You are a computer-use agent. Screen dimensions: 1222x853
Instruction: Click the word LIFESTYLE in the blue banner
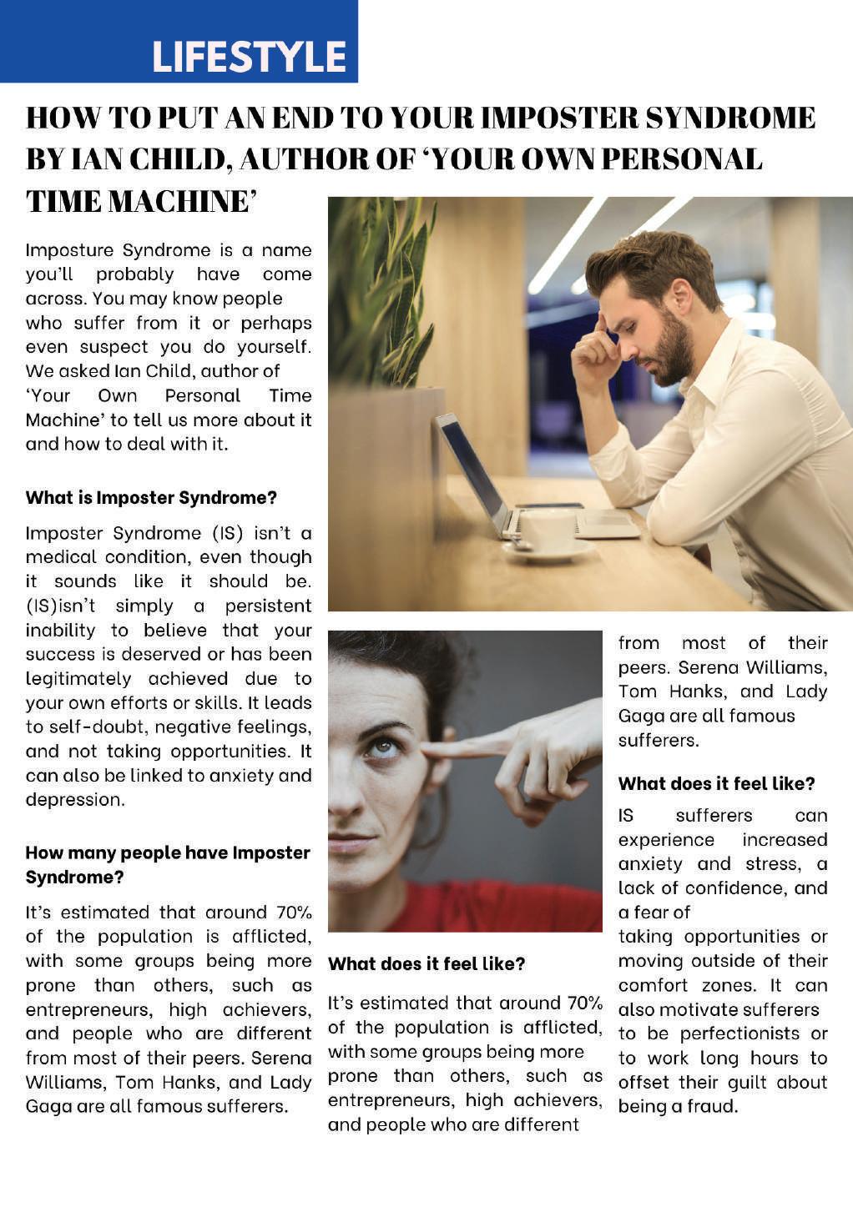(x=249, y=57)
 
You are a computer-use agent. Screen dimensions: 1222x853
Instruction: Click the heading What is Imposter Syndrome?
(x=151, y=498)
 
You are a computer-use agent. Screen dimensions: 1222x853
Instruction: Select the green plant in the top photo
(x=380, y=292)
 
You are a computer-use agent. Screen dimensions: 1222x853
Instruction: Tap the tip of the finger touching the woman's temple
(x=427, y=748)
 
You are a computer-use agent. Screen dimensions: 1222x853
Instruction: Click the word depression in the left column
(x=74, y=799)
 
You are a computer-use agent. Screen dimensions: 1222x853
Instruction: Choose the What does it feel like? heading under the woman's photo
(x=426, y=964)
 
